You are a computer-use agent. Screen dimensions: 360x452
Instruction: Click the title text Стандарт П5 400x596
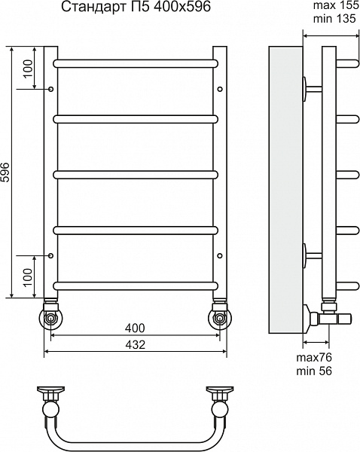coord(136,7)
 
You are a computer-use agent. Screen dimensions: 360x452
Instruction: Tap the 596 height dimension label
coord(5,173)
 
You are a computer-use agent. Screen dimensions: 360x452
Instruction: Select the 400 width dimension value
coord(135,328)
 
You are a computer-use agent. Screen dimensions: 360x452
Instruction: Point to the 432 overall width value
coord(135,344)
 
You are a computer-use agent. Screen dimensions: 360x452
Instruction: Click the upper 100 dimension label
coord(28,69)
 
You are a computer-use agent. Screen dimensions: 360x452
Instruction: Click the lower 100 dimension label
coord(28,277)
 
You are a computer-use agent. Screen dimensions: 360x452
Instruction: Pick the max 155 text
coord(336,5)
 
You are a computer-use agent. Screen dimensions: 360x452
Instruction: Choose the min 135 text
coord(334,19)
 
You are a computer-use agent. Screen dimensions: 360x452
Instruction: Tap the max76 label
coord(314,357)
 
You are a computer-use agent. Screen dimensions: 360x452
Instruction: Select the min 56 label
coord(314,371)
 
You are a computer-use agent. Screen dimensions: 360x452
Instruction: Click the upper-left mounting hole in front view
coord(51,89)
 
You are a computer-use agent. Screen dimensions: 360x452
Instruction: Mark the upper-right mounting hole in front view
coord(220,89)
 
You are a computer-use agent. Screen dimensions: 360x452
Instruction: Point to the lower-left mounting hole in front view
coord(51,255)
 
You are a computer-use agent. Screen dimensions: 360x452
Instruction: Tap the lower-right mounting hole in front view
coord(220,255)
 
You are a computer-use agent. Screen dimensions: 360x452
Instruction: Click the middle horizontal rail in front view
coord(136,175)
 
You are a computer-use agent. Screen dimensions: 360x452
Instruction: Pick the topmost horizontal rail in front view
coord(136,63)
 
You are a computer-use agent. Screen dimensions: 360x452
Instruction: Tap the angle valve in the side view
coord(327,317)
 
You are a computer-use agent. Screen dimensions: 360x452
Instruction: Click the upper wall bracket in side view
coord(312,89)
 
